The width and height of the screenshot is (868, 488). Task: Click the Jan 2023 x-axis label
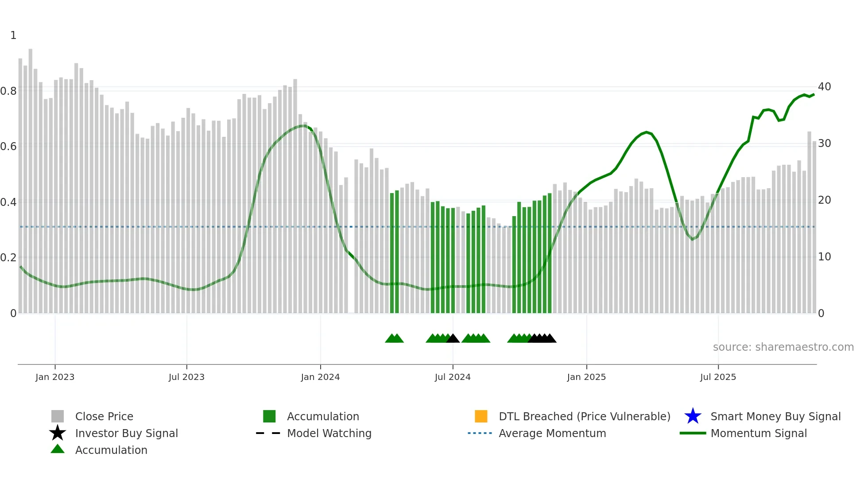pos(55,377)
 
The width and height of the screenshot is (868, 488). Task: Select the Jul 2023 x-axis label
pos(186,377)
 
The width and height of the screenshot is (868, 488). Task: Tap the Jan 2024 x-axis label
pos(320,377)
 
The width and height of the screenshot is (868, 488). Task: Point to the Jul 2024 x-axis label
pos(453,377)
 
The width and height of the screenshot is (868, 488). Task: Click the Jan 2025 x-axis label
pos(586,377)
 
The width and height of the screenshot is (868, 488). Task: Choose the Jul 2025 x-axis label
pos(718,377)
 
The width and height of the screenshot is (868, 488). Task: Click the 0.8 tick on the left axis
pos(8,91)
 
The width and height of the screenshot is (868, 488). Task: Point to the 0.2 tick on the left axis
pos(8,257)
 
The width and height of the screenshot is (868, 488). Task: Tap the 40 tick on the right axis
pos(824,87)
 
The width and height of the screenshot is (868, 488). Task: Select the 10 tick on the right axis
pos(824,257)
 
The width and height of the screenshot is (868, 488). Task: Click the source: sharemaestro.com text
pos(783,347)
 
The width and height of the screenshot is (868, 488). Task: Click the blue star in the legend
pos(693,416)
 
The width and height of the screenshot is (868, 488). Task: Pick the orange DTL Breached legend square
pos(481,416)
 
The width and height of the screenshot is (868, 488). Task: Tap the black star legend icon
pos(58,433)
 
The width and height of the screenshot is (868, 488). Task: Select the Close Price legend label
pos(104,416)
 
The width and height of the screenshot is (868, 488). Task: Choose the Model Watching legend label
pos(329,433)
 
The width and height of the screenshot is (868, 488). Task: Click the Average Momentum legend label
pos(552,433)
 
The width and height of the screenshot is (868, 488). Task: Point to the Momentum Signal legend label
pos(759,433)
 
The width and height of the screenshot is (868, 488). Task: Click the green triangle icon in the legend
pos(58,449)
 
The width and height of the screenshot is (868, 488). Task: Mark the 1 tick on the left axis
pos(13,35)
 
